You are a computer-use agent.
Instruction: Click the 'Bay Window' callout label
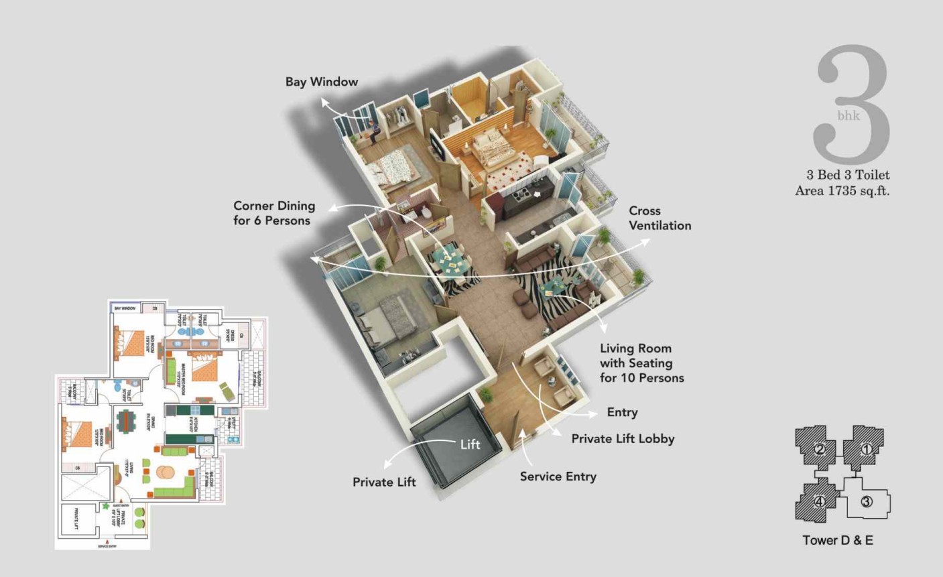(x=322, y=82)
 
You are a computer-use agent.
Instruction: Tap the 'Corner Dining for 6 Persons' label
(x=273, y=213)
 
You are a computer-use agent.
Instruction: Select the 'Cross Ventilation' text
(x=659, y=218)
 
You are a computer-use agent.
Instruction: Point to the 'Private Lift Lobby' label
(x=623, y=439)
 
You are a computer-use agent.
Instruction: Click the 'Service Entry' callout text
(x=558, y=476)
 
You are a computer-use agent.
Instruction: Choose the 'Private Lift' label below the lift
(x=384, y=482)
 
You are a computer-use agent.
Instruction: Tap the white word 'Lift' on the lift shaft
(x=470, y=444)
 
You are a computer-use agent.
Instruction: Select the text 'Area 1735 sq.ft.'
(x=842, y=191)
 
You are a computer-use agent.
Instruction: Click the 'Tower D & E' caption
(x=838, y=540)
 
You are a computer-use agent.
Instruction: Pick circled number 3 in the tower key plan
(x=866, y=501)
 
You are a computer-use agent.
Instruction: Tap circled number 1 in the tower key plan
(x=866, y=450)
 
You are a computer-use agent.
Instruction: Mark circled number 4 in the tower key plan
(x=819, y=501)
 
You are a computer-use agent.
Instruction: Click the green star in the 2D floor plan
(x=105, y=506)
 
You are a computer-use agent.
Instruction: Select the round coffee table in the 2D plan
(x=165, y=472)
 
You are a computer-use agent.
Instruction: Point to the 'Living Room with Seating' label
(x=641, y=363)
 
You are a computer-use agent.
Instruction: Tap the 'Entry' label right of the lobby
(x=622, y=413)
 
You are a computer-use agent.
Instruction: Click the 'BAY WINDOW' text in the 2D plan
(x=125, y=308)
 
